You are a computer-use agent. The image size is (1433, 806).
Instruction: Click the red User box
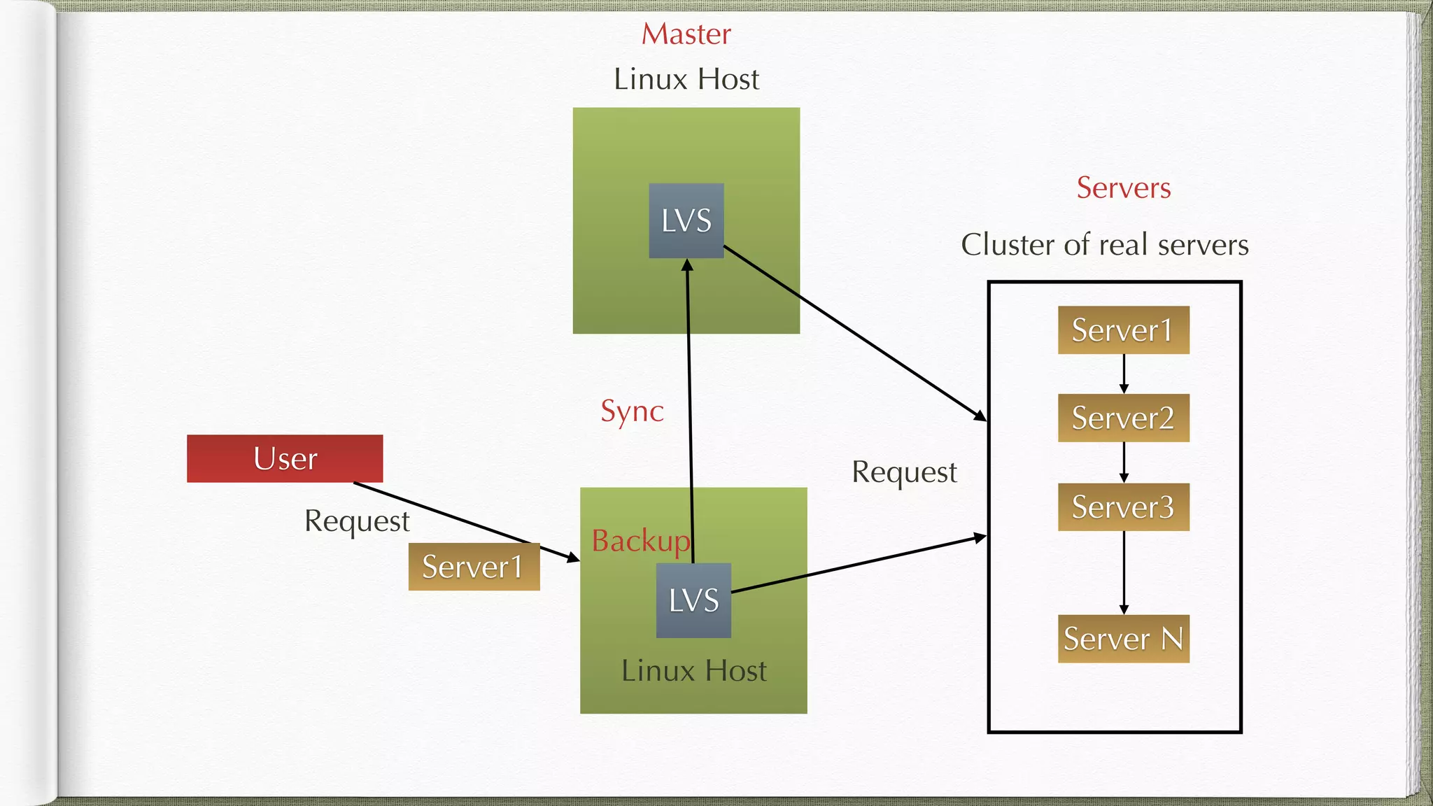[285, 458]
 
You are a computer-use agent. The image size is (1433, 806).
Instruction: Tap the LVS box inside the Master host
[686, 220]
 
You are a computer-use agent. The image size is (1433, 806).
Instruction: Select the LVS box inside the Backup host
[693, 600]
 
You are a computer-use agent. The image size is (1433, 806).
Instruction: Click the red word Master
[686, 34]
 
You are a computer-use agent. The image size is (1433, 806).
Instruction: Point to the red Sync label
[632, 411]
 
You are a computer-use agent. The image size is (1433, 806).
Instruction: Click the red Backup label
[640, 541]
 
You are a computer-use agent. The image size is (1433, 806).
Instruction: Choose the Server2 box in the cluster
[1123, 418]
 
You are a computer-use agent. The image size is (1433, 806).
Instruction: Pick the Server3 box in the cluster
[1123, 507]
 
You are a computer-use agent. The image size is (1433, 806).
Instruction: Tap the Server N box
[1123, 638]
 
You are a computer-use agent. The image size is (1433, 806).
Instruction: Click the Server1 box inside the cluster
[1123, 330]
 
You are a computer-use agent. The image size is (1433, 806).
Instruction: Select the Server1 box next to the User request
[474, 567]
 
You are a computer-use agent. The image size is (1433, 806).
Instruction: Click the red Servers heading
[1123, 188]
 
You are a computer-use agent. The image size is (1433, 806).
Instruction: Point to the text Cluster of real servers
[1104, 245]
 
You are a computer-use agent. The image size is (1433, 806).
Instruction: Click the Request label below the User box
[357, 521]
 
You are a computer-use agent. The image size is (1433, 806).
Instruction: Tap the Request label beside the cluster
[904, 472]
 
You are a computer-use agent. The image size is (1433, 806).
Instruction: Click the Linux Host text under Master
[686, 79]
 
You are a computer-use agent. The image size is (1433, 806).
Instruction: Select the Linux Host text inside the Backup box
[693, 670]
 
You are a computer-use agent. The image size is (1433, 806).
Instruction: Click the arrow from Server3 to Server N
[1124, 572]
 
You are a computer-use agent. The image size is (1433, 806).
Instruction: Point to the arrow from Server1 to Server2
[1124, 374]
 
